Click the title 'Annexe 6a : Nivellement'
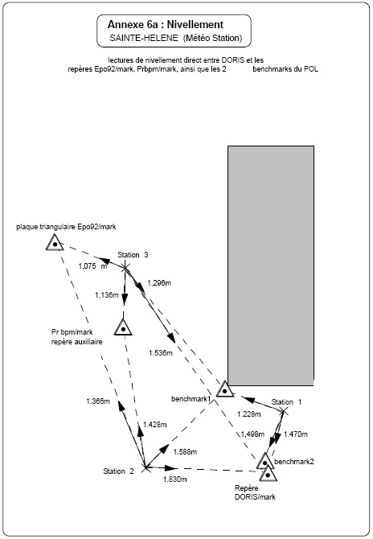(x=166, y=24)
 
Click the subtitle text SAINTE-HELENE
(x=144, y=38)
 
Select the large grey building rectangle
(x=271, y=265)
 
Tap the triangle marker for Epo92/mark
(x=55, y=242)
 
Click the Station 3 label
(x=133, y=255)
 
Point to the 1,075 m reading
(x=92, y=266)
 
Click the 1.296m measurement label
(x=159, y=283)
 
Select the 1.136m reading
(x=107, y=295)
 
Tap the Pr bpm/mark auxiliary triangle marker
(x=123, y=327)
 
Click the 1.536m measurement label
(x=161, y=353)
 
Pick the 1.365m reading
(x=98, y=401)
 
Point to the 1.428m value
(x=155, y=425)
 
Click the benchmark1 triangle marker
(x=224, y=389)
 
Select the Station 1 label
(x=286, y=402)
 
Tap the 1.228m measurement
(x=249, y=414)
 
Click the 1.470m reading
(x=296, y=434)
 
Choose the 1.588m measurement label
(x=185, y=451)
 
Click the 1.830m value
(x=174, y=479)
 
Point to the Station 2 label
(x=118, y=471)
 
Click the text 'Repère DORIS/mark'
(x=255, y=492)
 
